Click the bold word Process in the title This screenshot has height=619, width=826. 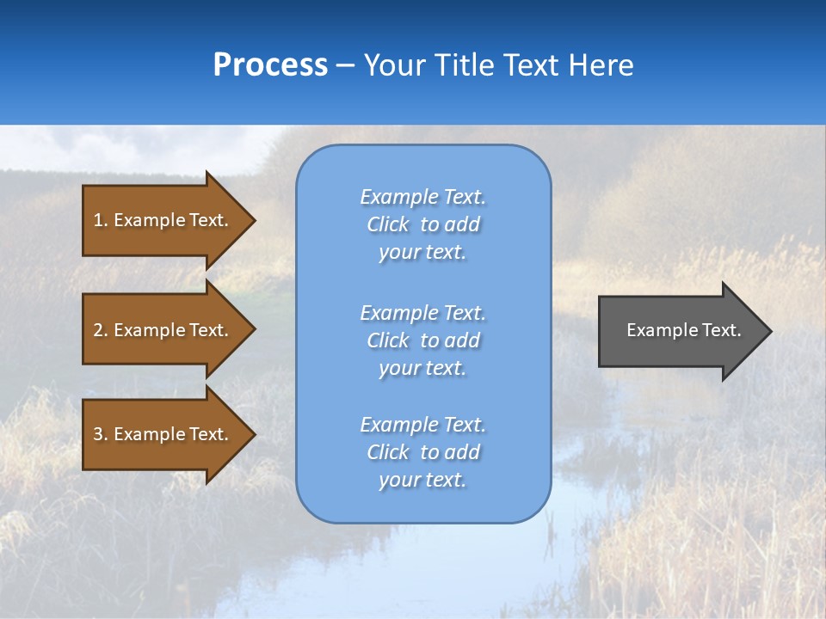tap(270, 65)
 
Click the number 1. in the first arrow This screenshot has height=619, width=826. tap(100, 220)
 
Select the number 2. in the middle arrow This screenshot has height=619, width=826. tap(100, 330)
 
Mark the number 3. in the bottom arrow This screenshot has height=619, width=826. tap(100, 434)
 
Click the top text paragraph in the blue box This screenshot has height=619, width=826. tap(422, 224)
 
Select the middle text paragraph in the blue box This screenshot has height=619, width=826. tap(422, 340)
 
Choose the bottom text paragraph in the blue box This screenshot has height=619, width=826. tap(422, 452)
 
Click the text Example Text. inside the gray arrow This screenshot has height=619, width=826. tap(683, 330)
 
